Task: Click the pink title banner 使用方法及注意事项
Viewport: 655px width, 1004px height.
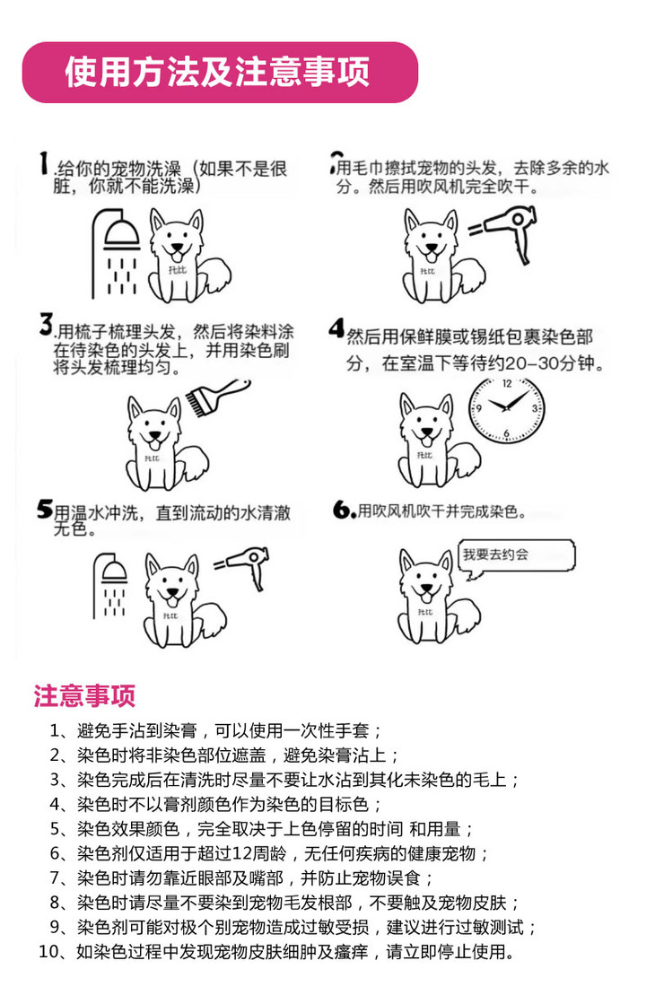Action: point(220,73)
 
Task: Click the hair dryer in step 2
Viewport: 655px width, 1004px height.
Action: point(506,231)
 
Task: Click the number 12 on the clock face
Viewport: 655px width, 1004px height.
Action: point(506,385)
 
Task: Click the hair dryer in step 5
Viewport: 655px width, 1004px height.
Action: point(244,564)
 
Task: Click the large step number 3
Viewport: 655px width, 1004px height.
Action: point(46,324)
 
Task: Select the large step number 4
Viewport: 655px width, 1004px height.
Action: point(336,328)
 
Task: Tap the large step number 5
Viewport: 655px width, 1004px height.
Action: point(44,509)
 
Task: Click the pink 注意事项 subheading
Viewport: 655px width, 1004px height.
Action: point(84,696)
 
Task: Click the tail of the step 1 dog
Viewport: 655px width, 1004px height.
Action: point(214,276)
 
